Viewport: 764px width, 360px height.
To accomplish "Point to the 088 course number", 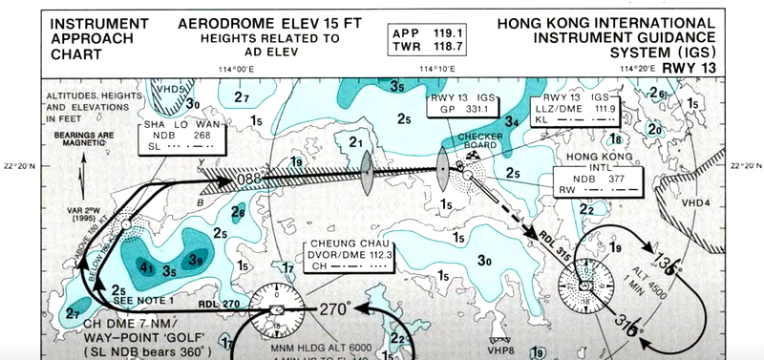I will [247, 178].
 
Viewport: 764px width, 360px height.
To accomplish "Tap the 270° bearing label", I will [336, 309].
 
